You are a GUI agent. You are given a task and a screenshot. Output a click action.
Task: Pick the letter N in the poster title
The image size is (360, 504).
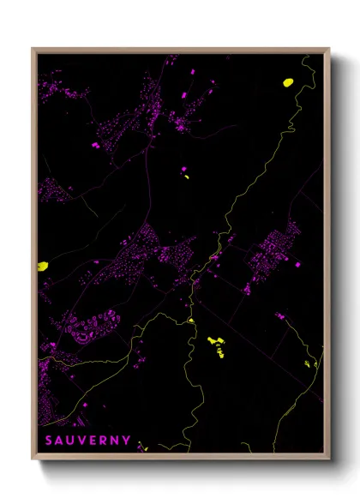coord(116,441)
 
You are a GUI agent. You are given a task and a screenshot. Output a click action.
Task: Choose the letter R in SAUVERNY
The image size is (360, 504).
coord(105,441)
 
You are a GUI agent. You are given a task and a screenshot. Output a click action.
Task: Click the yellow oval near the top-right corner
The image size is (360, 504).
coord(288,82)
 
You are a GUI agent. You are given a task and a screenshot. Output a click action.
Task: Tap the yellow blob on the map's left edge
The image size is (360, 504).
coord(42,266)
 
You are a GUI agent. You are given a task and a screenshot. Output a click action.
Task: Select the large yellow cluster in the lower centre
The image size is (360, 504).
coord(216,345)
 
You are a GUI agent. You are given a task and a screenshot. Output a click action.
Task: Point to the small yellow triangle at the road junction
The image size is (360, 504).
coord(191,321)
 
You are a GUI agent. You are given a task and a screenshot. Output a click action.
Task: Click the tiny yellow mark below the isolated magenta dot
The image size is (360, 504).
coord(185,179)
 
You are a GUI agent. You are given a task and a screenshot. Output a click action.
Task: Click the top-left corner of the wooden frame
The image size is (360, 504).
coord(33,49)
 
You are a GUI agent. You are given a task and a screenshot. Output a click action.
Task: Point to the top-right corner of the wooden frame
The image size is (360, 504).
coord(330,49)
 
